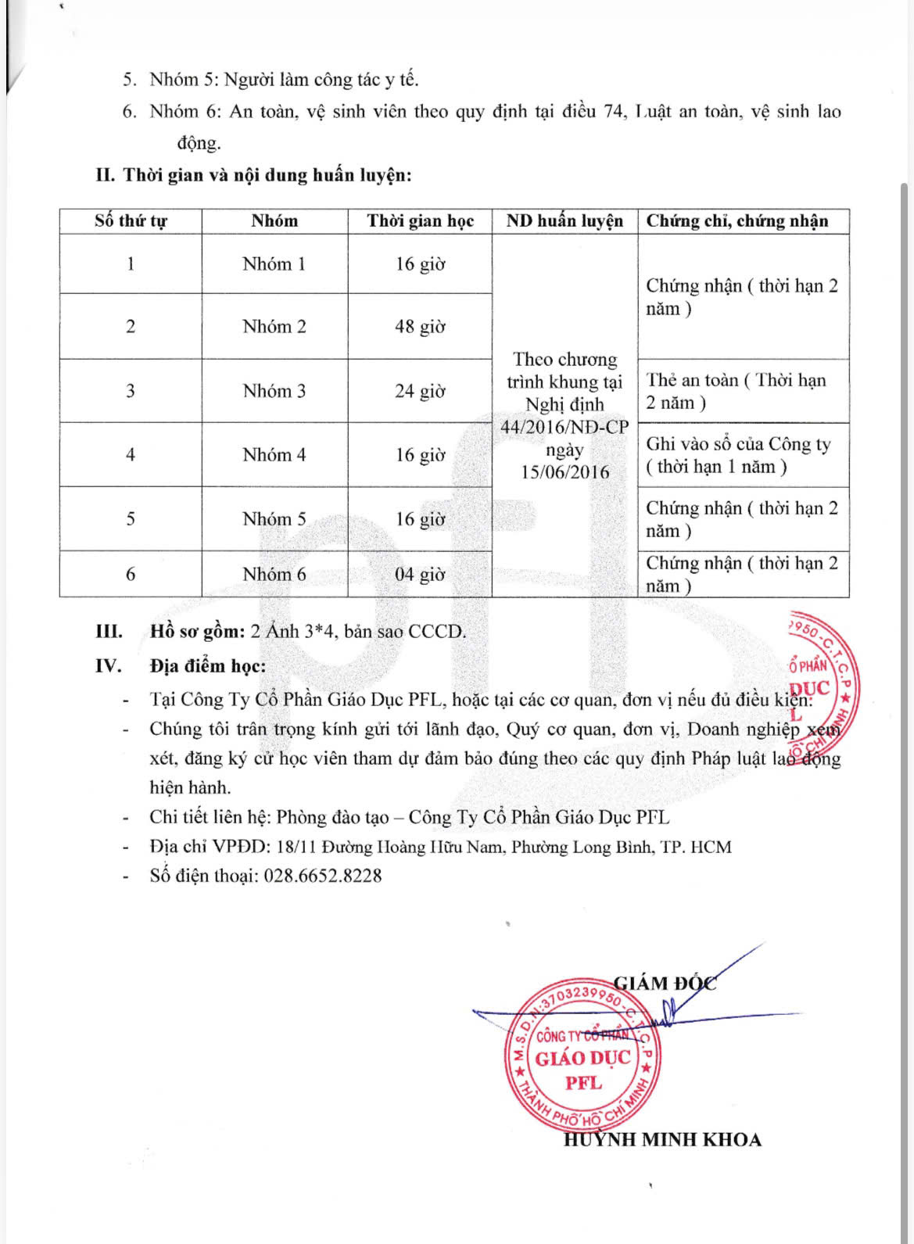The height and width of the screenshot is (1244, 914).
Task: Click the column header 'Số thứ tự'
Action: [x=131, y=221]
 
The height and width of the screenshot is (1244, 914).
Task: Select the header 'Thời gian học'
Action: [x=421, y=221]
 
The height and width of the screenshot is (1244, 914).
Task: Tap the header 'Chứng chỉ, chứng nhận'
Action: [x=737, y=221]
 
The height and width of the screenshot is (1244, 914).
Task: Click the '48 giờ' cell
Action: [x=420, y=327]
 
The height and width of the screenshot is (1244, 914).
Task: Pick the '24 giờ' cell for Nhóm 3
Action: [x=420, y=391]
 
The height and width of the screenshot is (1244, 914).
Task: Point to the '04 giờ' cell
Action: [x=420, y=575]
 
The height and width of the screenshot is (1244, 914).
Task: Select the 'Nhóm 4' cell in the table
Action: [x=274, y=455]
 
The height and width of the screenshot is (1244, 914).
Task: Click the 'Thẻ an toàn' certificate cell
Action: [x=735, y=391]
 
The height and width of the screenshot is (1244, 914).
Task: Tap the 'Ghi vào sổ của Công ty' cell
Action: [x=737, y=455]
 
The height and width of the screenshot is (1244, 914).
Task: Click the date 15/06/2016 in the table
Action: [x=565, y=472]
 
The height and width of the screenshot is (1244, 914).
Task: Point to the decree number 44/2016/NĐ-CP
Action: [x=565, y=428]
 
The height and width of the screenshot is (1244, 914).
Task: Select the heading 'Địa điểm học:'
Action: [x=208, y=666]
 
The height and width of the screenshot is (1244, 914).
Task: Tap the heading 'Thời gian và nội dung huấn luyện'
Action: [x=267, y=175]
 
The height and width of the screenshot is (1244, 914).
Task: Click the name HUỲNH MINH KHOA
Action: [x=662, y=1140]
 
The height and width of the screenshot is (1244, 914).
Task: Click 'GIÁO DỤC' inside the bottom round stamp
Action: [x=582, y=1059]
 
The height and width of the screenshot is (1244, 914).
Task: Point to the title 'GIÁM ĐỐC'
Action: [x=665, y=983]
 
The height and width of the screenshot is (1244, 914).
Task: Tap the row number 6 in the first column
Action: [x=131, y=575]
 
